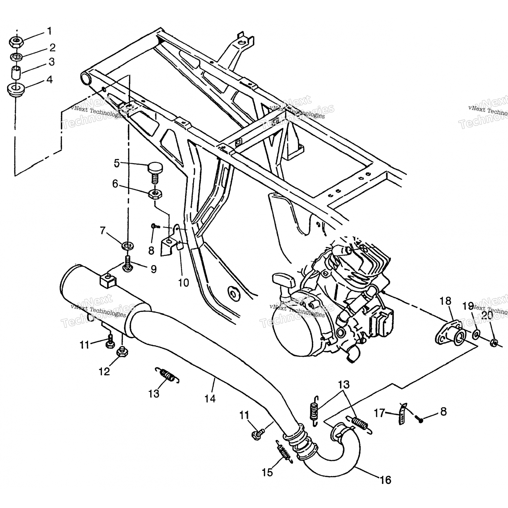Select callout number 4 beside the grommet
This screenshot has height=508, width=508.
coord(49,80)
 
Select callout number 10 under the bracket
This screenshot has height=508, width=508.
coord(184,282)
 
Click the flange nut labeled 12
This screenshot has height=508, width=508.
coord(121,353)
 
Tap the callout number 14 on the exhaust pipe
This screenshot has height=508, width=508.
coord(210,398)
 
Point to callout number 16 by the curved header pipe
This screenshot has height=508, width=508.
coord(385,480)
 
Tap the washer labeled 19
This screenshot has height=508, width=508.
coord(476,335)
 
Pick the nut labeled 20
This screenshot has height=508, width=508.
coord(494,343)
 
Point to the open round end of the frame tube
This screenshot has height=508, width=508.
coord(86,79)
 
